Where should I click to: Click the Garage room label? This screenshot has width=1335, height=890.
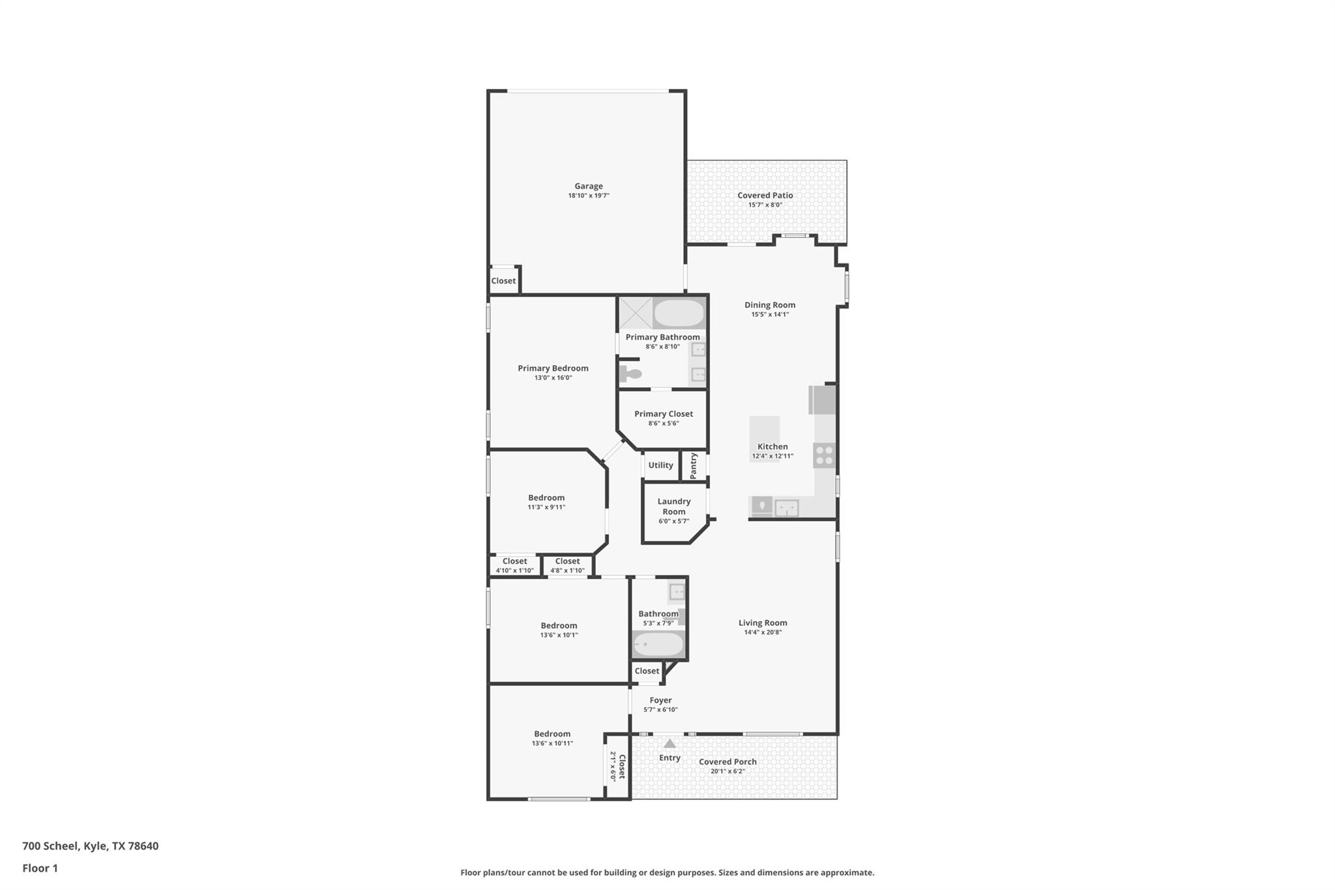point(588,186)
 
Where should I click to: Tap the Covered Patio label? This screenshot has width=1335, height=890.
point(765,196)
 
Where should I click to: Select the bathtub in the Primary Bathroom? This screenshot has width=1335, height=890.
point(679,314)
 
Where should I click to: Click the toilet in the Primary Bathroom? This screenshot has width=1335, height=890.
point(631,374)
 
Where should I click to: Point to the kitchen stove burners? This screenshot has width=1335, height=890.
point(824,455)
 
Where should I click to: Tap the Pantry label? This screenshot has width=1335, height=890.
point(694,466)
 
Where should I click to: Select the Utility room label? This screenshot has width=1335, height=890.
point(660,466)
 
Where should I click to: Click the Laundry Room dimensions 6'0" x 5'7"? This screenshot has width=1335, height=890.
point(673,521)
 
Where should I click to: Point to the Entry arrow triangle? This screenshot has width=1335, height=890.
point(669,743)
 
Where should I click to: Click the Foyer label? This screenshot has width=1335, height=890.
point(660,700)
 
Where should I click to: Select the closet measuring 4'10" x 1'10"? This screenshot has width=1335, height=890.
point(514,565)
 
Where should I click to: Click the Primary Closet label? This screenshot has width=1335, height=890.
point(663,414)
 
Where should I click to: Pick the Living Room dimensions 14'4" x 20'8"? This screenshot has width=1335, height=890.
point(763,632)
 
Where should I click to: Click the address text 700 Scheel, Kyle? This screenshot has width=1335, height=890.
point(90,846)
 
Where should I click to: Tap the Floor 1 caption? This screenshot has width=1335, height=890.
point(40,868)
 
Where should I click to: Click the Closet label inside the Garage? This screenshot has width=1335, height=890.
point(503,281)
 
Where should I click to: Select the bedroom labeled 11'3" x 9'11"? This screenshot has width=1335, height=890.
point(546,502)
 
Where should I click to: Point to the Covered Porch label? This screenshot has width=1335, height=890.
point(727,762)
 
